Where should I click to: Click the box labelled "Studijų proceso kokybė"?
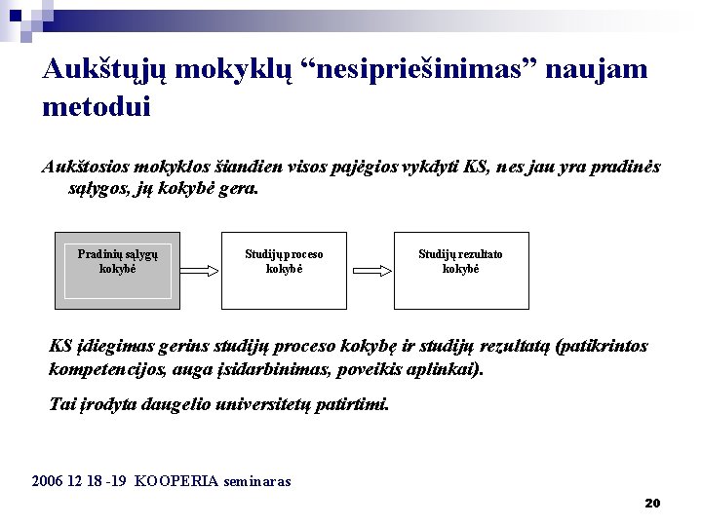click(x=284, y=270)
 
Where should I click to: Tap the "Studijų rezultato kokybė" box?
click(x=460, y=270)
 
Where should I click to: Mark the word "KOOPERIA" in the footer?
click(x=176, y=481)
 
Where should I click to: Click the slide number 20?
click(x=653, y=504)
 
